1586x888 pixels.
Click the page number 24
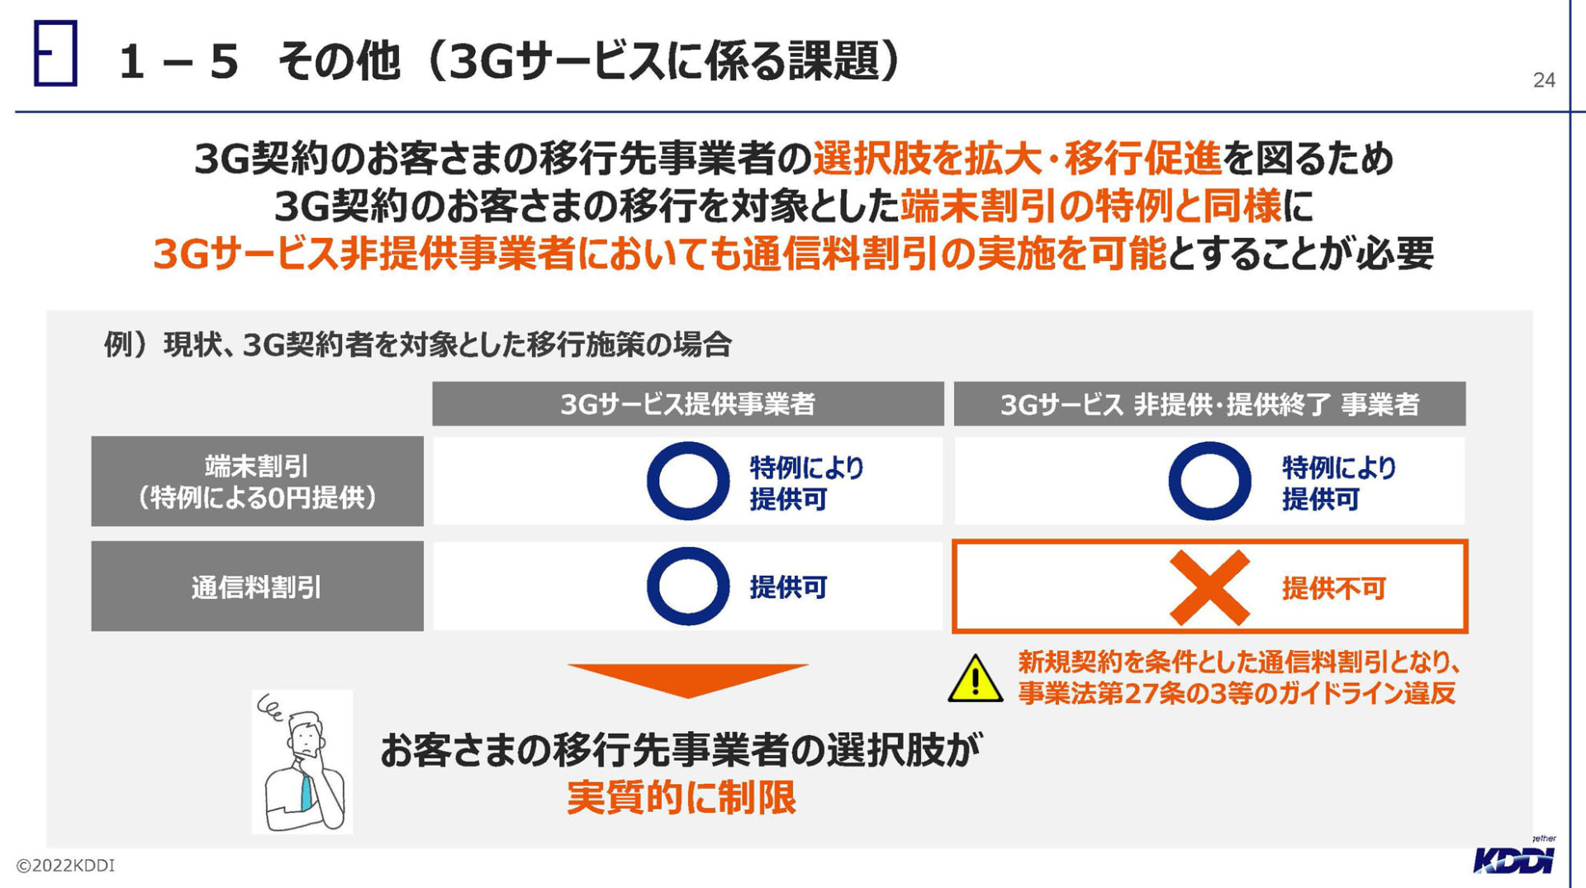(x=1544, y=80)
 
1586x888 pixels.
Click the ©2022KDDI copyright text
(x=65, y=865)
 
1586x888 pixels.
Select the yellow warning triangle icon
(x=976, y=679)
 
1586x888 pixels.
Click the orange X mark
(x=1209, y=587)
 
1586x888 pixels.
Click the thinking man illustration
(x=302, y=762)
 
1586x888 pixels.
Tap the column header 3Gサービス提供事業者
(x=687, y=404)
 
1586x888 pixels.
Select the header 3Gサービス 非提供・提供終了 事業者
(x=1209, y=404)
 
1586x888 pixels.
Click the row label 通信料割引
(x=257, y=586)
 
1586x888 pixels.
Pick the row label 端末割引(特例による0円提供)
(x=257, y=482)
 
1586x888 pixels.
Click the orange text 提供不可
(x=1333, y=588)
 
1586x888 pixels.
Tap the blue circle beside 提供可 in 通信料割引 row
(x=687, y=586)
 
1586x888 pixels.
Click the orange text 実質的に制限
(x=681, y=797)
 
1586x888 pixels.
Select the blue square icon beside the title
(x=55, y=54)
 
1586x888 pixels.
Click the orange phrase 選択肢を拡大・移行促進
(x=1017, y=159)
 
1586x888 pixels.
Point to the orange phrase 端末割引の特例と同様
(x=1090, y=206)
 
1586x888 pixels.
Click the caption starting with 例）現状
(x=417, y=344)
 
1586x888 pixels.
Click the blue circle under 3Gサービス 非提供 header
(x=1209, y=481)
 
